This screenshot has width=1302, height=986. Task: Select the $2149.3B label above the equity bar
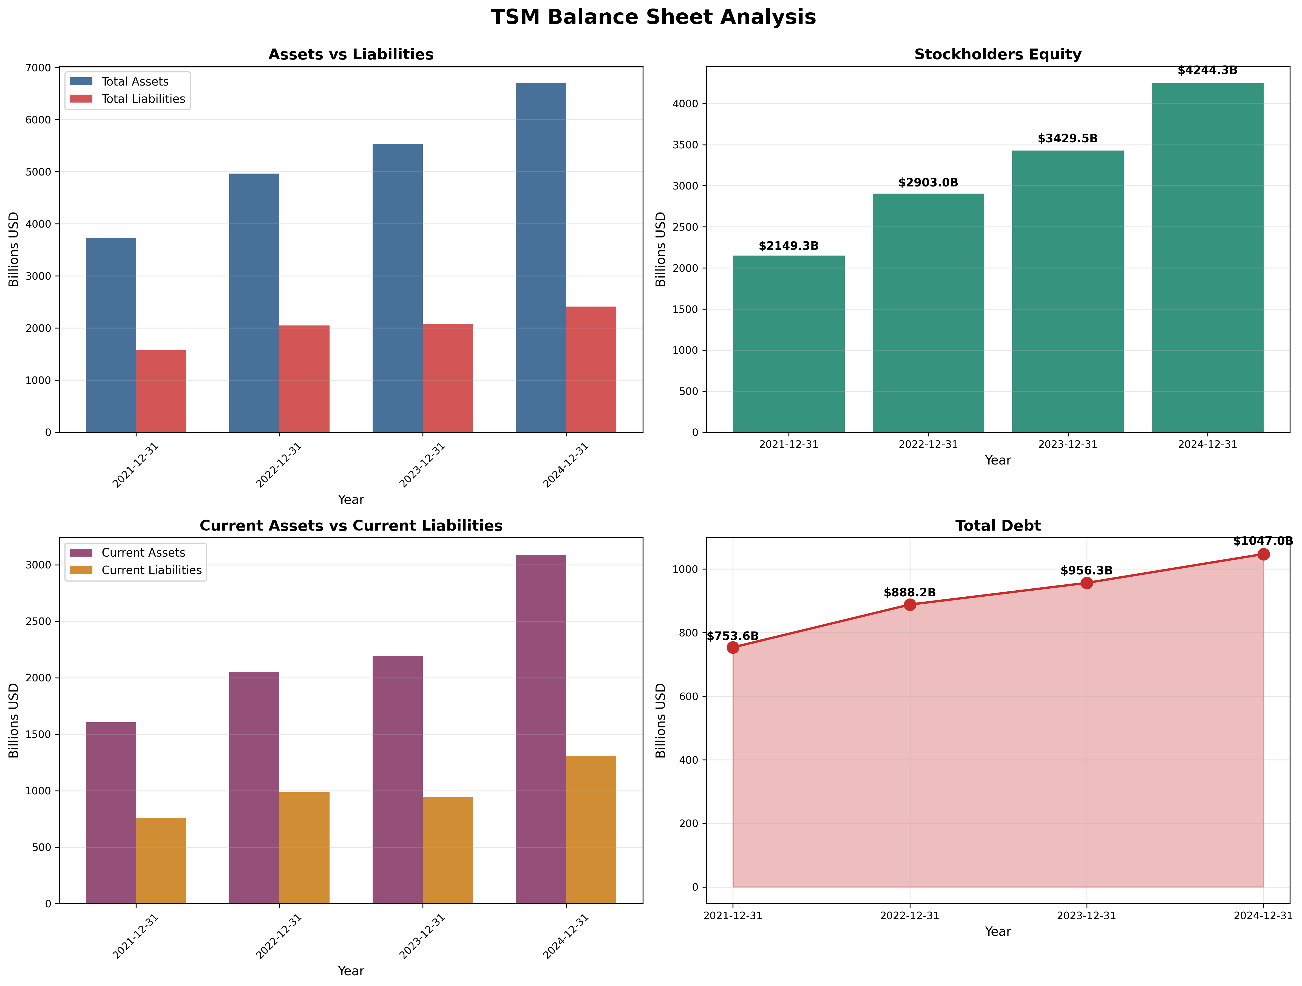click(788, 246)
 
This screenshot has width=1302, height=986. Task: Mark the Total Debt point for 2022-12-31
click(909, 605)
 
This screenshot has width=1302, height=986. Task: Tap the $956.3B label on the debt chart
click(1086, 570)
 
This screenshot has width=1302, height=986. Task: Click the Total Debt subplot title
click(998, 526)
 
